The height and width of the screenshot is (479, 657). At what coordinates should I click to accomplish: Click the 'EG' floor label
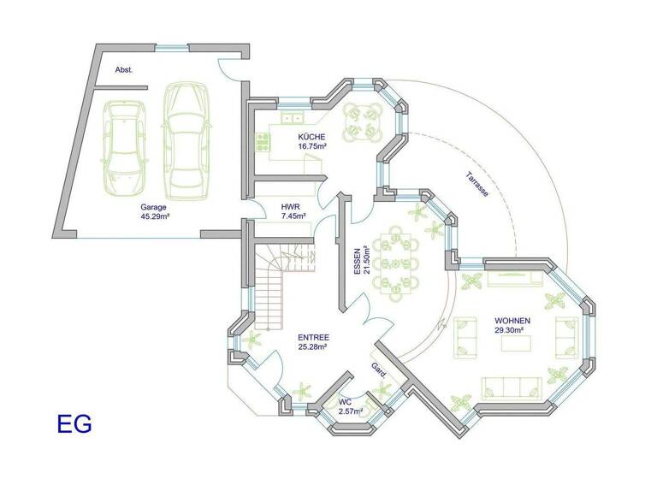click(x=74, y=423)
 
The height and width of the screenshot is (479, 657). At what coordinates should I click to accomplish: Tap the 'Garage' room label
click(x=154, y=207)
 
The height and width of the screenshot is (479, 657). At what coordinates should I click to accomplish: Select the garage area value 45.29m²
click(x=154, y=216)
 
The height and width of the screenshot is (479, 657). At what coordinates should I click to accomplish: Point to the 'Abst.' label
click(x=124, y=69)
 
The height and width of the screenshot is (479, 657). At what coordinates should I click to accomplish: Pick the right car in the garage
click(x=186, y=138)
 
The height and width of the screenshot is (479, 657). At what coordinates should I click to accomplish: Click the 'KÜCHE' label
click(x=311, y=137)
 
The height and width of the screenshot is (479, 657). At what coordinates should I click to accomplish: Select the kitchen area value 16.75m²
click(x=311, y=146)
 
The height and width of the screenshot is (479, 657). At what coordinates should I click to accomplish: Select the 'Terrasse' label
click(x=477, y=186)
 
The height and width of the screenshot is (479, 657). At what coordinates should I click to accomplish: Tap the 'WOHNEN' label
click(x=512, y=321)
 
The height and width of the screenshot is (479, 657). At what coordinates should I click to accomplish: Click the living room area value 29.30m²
click(x=512, y=330)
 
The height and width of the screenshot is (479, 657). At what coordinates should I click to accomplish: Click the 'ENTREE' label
click(x=313, y=338)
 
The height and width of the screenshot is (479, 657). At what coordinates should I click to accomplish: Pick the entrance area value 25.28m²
click(x=313, y=347)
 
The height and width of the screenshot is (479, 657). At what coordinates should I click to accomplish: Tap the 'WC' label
click(x=346, y=401)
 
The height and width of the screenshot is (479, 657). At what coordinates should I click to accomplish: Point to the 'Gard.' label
click(x=378, y=370)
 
